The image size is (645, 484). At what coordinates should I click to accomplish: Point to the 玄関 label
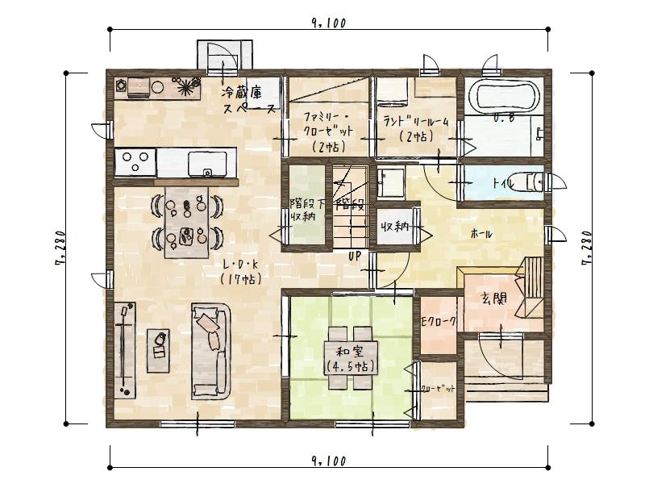(x=493, y=298)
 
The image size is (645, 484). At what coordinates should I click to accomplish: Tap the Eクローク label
(x=439, y=321)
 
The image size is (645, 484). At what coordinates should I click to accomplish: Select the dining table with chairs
(x=186, y=221)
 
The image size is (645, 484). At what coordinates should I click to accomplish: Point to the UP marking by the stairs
(x=353, y=257)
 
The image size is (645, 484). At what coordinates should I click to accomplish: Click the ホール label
(x=482, y=234)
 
